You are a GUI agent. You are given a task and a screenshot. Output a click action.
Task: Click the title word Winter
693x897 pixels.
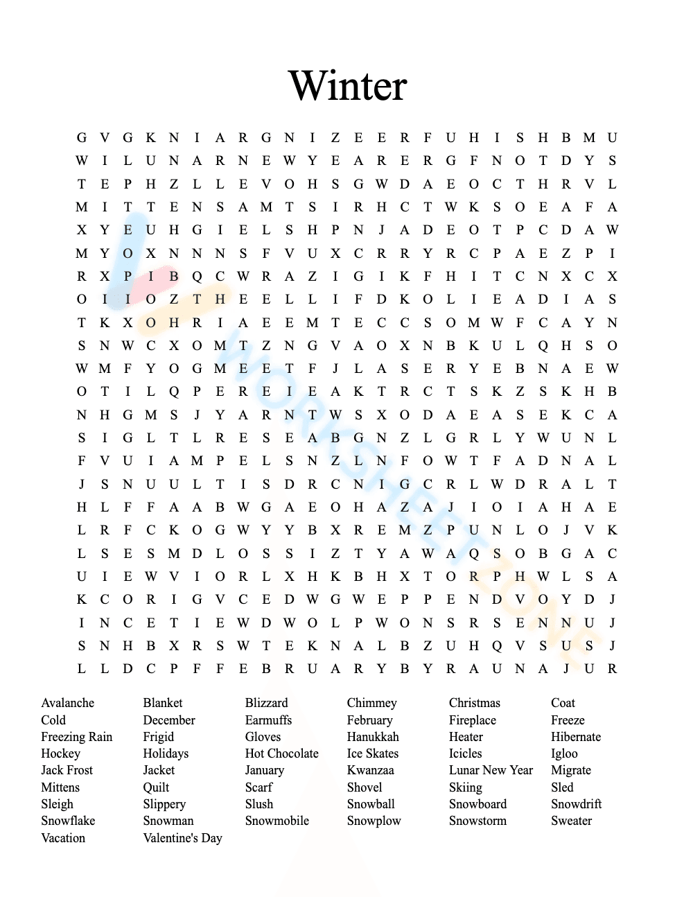click(347, 86)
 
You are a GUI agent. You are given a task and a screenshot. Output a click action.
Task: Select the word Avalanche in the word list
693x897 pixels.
click(67, 703)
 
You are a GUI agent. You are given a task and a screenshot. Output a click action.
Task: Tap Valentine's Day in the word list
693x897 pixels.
click(182, 838)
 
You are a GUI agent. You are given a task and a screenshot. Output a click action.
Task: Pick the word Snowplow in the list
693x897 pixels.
click(374, 821)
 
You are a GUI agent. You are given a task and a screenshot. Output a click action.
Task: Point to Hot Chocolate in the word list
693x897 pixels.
click(281, 754)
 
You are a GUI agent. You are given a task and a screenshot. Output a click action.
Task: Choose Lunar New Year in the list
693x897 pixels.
click(491, 770)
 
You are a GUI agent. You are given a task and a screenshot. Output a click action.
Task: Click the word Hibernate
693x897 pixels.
click(575, 737)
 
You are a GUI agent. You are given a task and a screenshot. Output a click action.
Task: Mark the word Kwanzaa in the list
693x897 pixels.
click(370, 770)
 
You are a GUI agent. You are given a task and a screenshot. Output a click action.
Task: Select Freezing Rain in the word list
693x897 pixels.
click(76, 737)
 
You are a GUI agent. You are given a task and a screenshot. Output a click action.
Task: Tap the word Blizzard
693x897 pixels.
click(266, 703)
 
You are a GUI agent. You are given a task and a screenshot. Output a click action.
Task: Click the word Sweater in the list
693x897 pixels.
click(571, 821)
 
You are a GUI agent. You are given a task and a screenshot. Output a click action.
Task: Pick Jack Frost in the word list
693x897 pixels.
click(67, 770)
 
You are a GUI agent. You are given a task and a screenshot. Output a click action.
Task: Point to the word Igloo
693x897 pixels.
click(564, 754)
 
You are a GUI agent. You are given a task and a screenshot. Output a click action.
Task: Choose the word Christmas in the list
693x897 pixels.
click(474, 703)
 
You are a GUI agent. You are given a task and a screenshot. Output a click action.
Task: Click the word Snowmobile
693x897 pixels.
click(277, 821)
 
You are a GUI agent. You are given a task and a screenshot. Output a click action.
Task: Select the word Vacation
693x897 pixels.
click(63, 838)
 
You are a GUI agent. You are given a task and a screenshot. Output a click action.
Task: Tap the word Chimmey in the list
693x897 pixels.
click(371, 703)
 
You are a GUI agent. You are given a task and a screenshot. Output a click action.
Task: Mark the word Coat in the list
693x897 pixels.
click(563, 703)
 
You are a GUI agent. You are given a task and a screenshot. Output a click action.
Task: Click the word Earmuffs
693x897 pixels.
click(268, 720)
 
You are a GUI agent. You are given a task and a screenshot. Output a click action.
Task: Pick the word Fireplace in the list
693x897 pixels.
click(472, 720)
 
